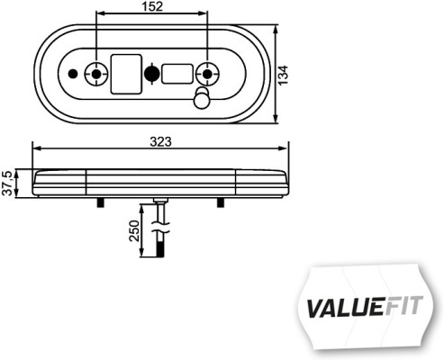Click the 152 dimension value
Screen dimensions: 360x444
[x=150, y=8]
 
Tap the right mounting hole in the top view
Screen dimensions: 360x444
[x=209, y=72]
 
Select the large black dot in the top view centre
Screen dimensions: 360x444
[x=151, y=73]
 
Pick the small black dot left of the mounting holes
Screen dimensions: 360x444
[x=72, y=73]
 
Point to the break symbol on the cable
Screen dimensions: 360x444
[x=159, y=229]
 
